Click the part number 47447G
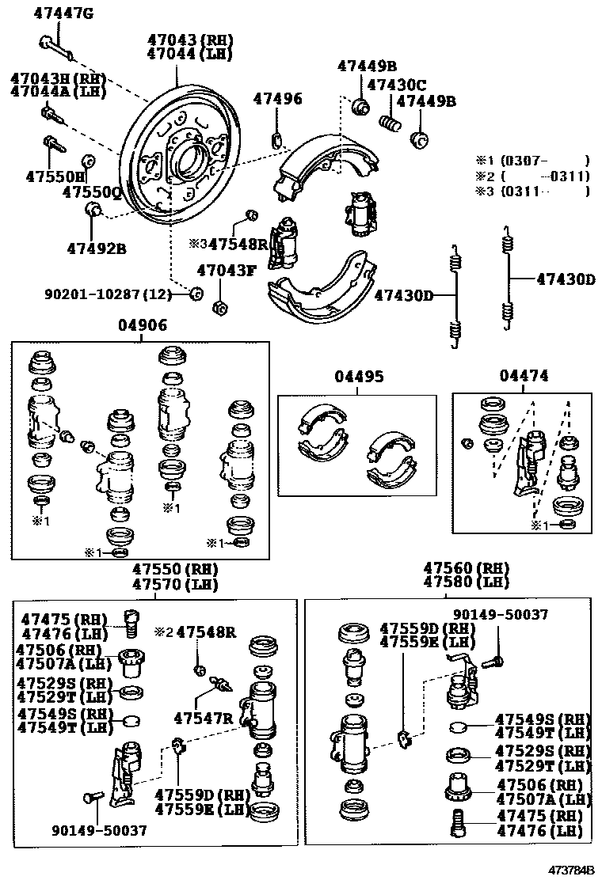pyautogui.click(x=64, y=12)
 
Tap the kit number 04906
pyautogui.click(x=143, y=325)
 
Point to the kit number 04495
pyautogui.click(x=358, y=377)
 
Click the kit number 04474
pyautogui.click(x=524, y=376)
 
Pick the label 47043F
pyautogui.click(x=227, y=271)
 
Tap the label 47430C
pyautogui.click(x=398, y=85)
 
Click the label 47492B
pyautogui.click(x=96, y=248)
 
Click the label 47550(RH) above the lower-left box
pyautogui.click(x=174, y=569)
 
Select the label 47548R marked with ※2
pyautogui.click(x=206, y=632)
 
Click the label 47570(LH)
pyautogui.click(x=174, y=585)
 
